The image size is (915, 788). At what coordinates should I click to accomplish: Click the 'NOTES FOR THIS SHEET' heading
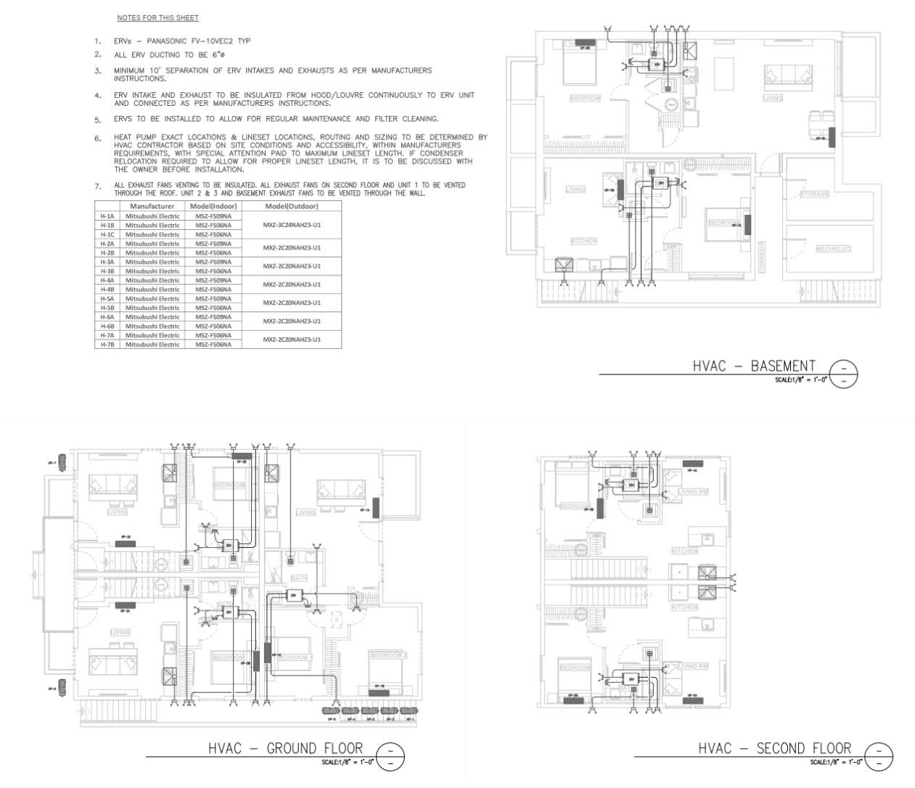point(157,17)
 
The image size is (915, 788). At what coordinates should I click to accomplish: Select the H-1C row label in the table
point(107,234)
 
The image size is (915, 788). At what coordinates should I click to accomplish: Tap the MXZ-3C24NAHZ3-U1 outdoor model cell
point(291,225)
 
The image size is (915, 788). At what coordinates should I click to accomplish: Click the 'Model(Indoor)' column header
point(213,206)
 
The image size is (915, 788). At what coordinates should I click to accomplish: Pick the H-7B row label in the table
point(107,344)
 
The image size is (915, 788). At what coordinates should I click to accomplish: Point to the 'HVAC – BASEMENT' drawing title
point(754,366)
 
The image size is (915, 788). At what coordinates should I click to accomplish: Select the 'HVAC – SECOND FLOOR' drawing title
point(774,748)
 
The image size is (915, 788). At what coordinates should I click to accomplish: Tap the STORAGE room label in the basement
point(813,194)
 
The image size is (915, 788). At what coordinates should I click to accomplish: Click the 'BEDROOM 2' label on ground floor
point(388,655)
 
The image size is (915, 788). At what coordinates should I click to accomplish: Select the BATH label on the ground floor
point(298,578)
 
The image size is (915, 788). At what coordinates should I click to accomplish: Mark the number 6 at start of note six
point(97,138)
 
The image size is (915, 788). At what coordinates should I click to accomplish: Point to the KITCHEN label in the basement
point(583,241)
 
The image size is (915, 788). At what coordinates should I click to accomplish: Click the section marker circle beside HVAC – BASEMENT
point(843,374)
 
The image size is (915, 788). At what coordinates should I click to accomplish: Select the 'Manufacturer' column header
point(152,206)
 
